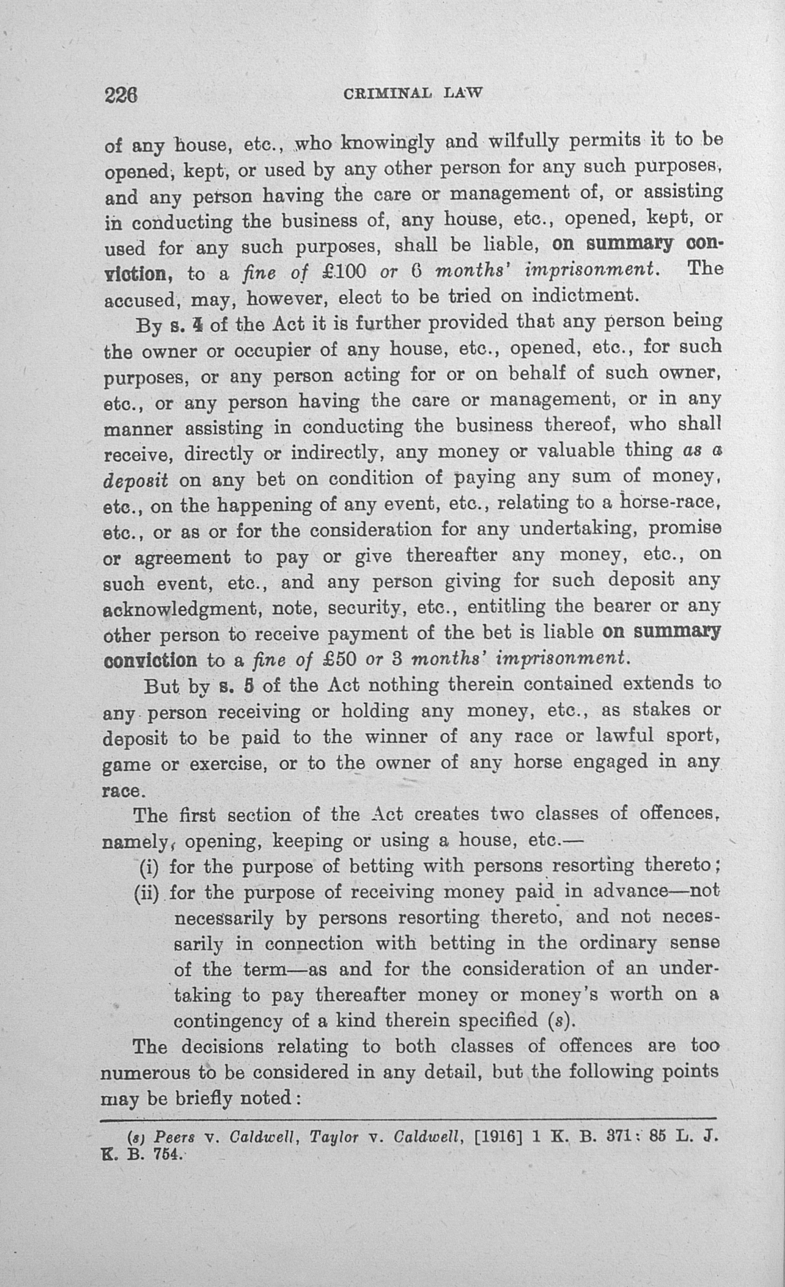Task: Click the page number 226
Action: click(121, 95)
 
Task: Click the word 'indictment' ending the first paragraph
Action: click(585, 296)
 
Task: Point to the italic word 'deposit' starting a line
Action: click(136, 481)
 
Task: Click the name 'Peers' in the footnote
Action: click(175, 1137)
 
